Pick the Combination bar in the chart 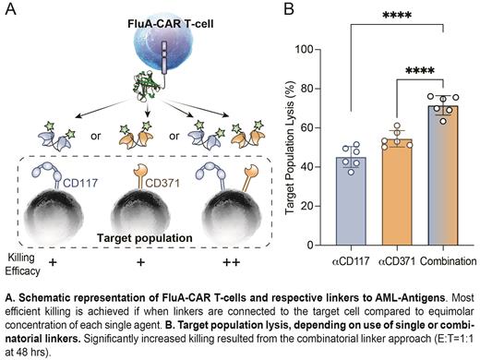point(447,174)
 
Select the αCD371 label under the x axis point(398,260)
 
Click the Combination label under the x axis point(448,260)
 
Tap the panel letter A point(10,10)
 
